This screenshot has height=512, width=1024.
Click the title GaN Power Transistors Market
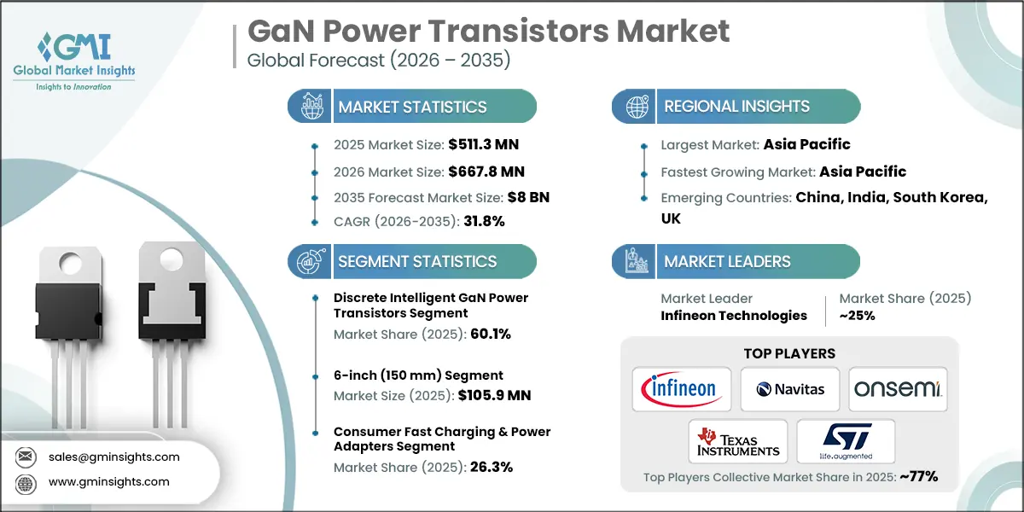(488, 32)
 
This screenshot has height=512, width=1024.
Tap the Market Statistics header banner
(412, 107)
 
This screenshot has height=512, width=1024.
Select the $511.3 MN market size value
(482, 145)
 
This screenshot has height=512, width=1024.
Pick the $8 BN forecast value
(527, 196)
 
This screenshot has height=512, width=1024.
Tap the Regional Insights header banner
(736, 107)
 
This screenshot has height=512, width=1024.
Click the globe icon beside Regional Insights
(637, 107)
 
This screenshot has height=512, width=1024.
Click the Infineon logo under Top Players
(681, 389)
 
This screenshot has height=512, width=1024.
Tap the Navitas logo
(789, 389)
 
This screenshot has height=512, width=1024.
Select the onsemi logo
(898, 389)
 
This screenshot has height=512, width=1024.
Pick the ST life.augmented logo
(845, 440)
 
